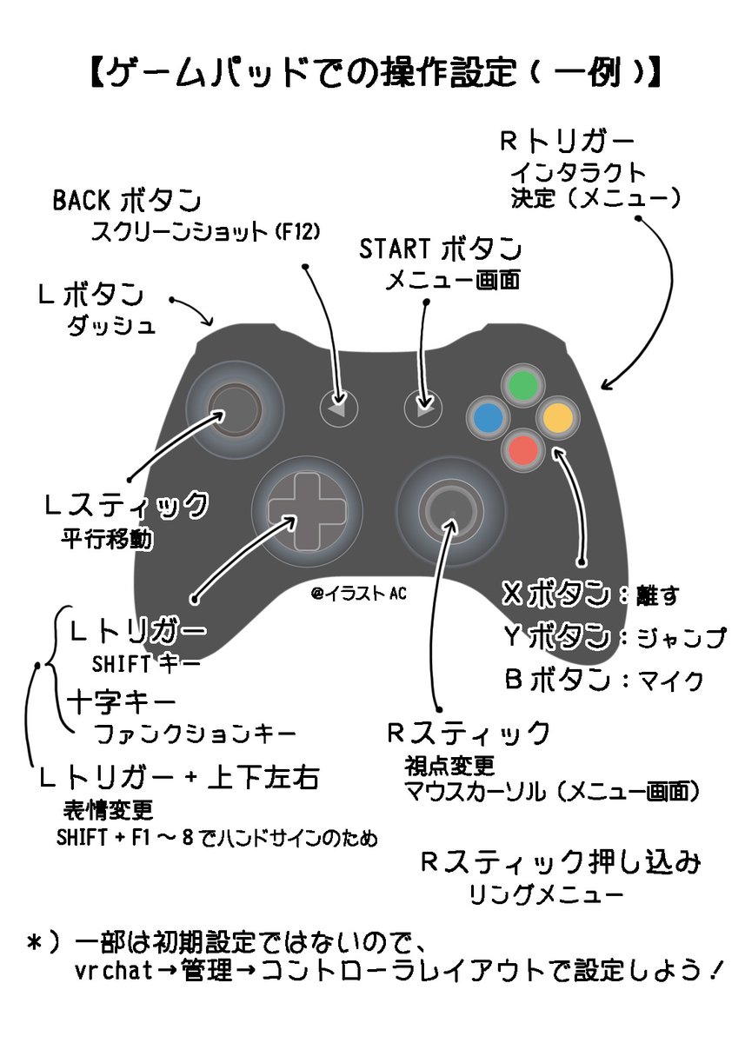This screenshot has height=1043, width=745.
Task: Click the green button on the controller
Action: click(x=522, y=385)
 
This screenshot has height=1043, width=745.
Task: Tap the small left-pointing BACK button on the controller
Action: click(x=338, y=406)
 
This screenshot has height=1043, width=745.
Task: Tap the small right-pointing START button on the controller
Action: click(x=424, y=405)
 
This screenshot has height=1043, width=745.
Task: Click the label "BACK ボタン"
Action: click(x=127, y=200)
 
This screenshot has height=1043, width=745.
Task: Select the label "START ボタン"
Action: click(x=441, y=249)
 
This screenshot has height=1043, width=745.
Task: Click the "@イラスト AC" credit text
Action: click(x=358, y=594)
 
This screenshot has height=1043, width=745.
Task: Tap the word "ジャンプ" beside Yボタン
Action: click(x=682, y=639)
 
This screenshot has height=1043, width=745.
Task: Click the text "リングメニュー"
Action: click(x=544, y=895)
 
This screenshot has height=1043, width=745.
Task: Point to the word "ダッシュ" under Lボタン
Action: click(x=111, y=327)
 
